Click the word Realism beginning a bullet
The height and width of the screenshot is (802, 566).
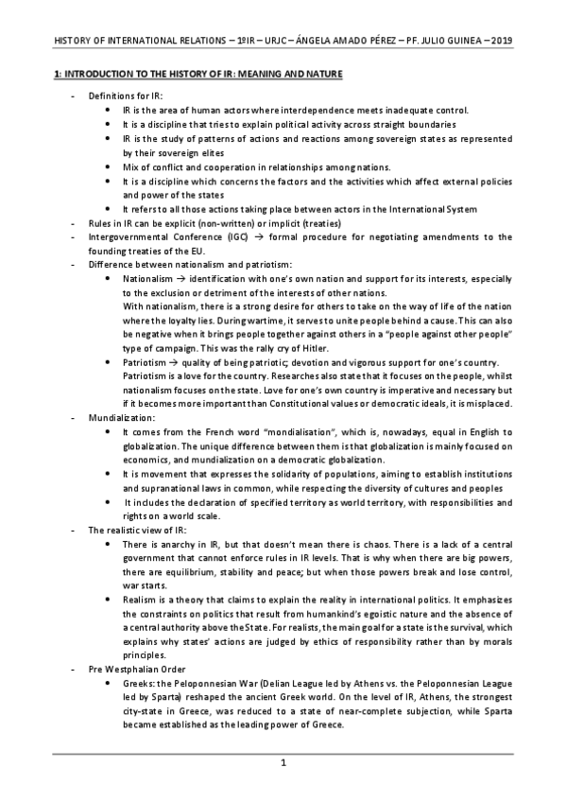coord(141,599)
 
